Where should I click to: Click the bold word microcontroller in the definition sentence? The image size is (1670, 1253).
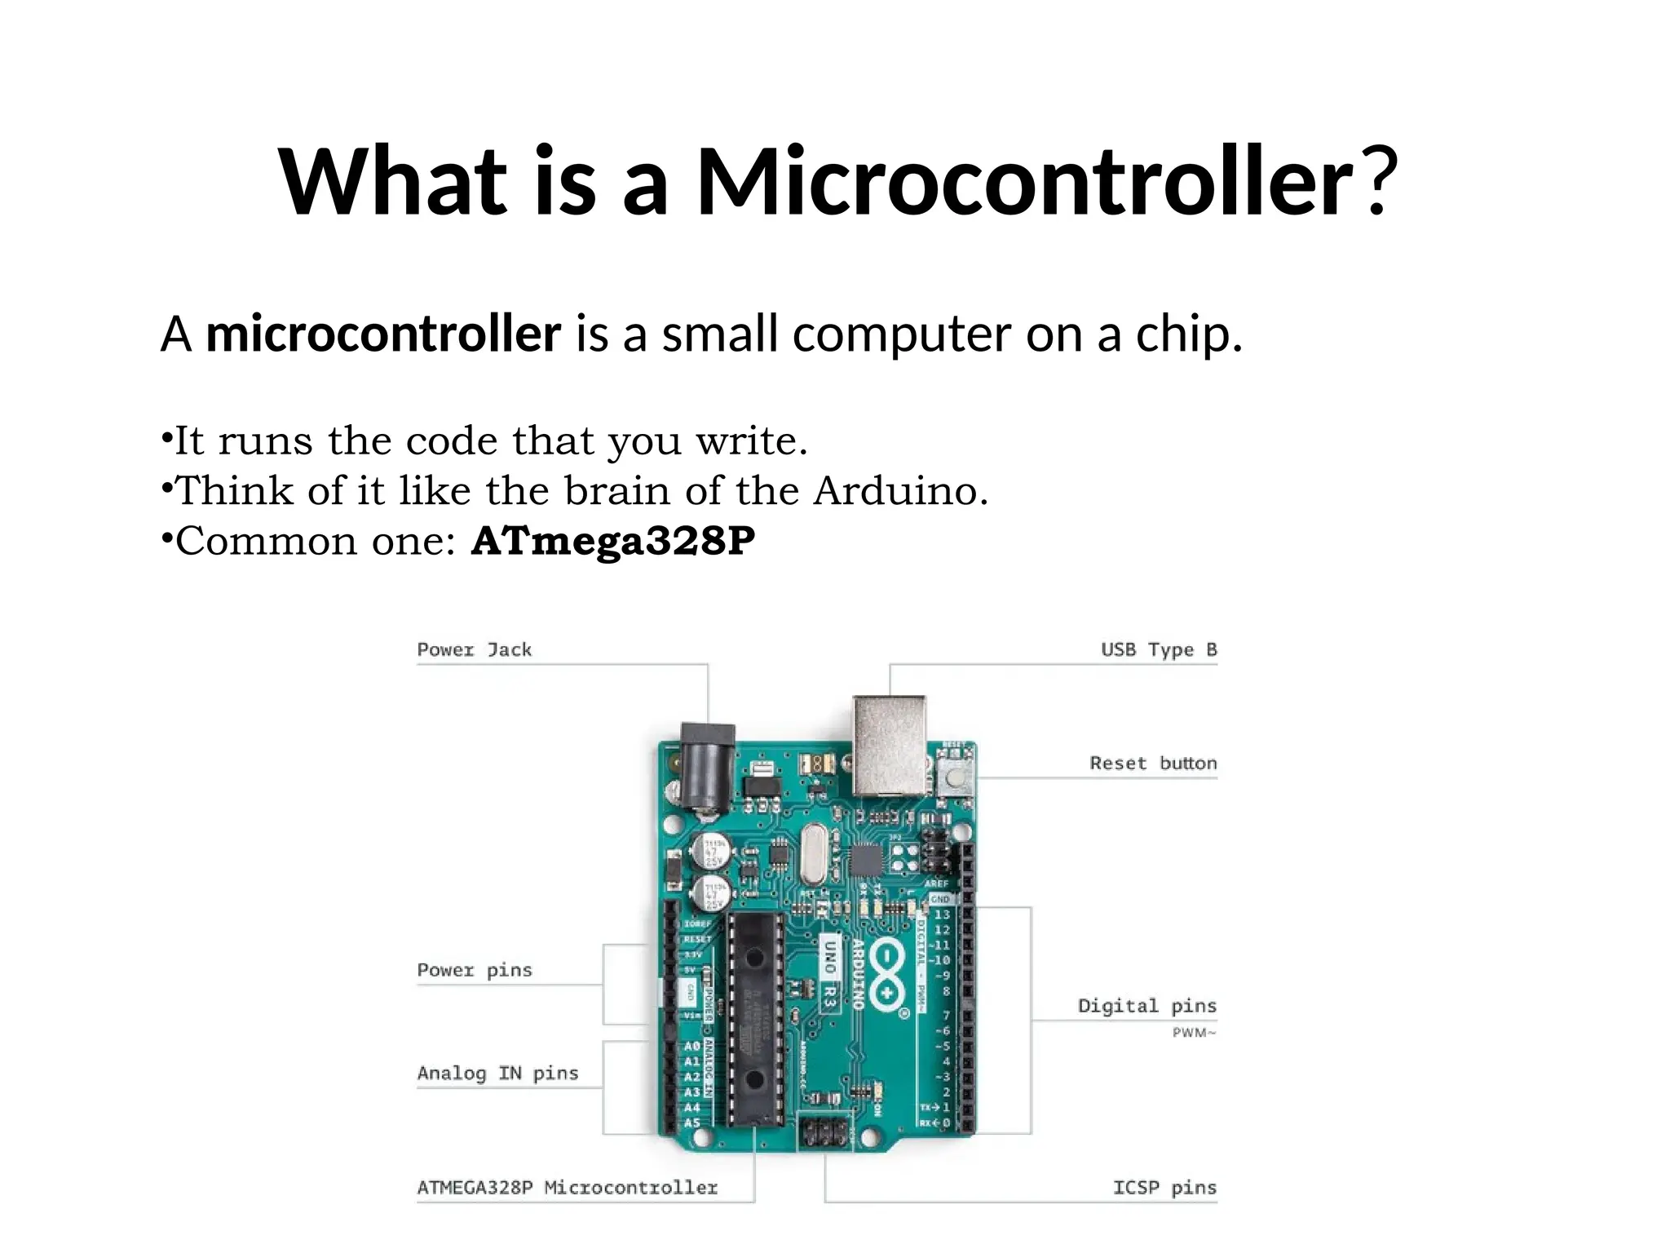[x=383, y=334]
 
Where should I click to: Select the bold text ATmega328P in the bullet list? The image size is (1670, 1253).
[x=613, y=541]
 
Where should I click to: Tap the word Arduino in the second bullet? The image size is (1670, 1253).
[x=900, y=491]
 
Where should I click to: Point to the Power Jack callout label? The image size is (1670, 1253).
[x=474, y=650]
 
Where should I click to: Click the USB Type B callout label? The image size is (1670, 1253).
[x=1158, y=650]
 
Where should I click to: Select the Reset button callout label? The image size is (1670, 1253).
[x=1152, y=764]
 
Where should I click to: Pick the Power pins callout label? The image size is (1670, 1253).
[x=474, y=971]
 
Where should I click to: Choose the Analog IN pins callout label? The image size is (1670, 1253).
[x=497, y=1074]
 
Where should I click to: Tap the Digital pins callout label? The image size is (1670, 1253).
[x=1146, y=1006]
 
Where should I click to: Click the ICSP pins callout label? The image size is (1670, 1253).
[x=1164, y=1188]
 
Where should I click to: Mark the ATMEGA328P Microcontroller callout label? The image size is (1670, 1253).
[x=567, y=1188]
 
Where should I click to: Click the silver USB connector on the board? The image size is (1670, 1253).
[x=889, y=744]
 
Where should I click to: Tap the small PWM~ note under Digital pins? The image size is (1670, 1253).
[x=1194, y=1034]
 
